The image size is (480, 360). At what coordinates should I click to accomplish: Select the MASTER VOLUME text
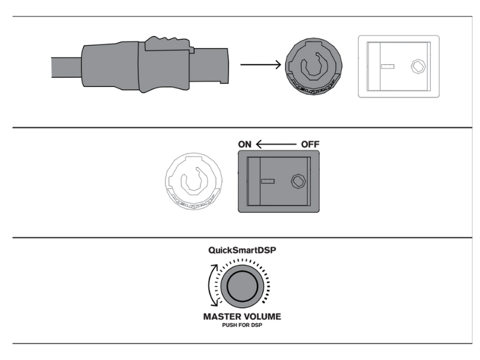pyautogui.click(x=242, y=316)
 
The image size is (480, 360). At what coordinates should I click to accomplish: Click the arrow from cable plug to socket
pyautogui.click(x=262, y=64)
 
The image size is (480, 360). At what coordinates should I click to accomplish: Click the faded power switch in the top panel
pyautogui.click(x=398, y=66)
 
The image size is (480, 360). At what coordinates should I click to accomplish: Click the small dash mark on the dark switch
pyautogui.click(x=268, y=181)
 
